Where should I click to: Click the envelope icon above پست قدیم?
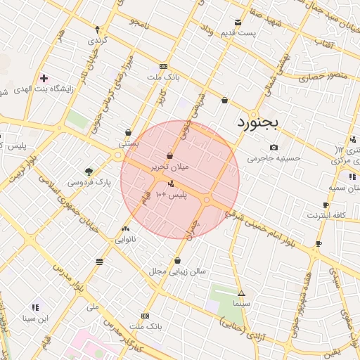tap(239, 22)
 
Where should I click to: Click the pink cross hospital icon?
tap(44, 77)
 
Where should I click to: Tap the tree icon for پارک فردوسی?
tap(89, 171)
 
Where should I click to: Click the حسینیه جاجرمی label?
tap(274, 158)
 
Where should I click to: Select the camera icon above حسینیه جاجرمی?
tap(274, 147)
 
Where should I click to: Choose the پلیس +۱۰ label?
tap(172, 194)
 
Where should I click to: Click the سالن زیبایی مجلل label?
tap(177, 270)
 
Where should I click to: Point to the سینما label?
tap(242, 303)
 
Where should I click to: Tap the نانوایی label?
tap(127, 239)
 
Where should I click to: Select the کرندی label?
tap(97, 41)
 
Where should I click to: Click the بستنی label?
tap(128, 142)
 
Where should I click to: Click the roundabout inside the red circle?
tap(207, 200)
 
